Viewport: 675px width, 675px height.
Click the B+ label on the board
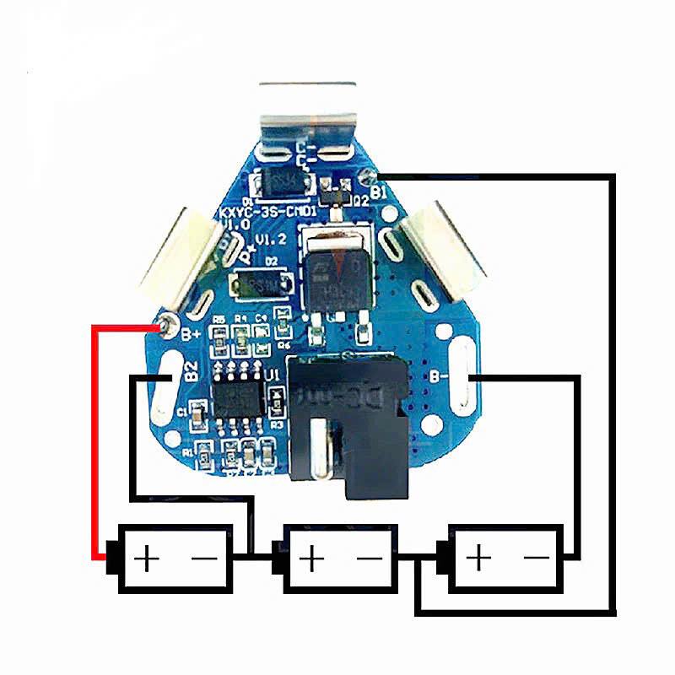coord(192,335)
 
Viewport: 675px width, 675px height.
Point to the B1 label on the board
coord(379,193)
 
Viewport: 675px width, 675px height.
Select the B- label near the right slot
coord(439,376)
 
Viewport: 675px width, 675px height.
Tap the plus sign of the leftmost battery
coord(147,559)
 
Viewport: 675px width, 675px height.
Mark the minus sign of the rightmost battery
coord(536,557)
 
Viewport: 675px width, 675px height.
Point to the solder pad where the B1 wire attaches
coord(367,176)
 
